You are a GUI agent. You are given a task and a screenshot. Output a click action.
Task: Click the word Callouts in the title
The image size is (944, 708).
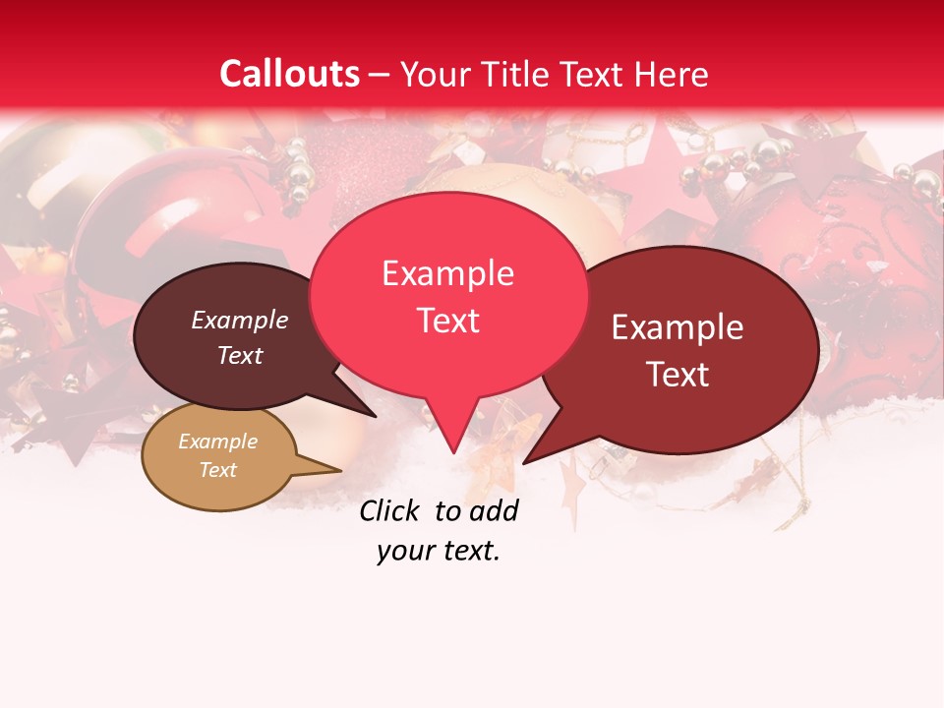point(289,74)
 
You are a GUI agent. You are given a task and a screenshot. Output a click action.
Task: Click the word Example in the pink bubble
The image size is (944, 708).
point(447,273)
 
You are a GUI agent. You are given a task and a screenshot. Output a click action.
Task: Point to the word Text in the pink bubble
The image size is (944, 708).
point(447,321)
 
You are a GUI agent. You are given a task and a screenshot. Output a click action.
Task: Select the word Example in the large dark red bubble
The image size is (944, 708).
point(678,327)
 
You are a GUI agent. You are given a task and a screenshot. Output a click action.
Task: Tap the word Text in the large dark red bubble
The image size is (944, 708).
point(678,375)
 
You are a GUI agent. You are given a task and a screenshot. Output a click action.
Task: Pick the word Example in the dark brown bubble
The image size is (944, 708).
point(240,320)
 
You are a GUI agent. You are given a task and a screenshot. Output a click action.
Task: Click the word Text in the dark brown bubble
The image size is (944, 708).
point(240,355)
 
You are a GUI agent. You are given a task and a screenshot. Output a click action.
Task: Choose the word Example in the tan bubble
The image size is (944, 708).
point(217,442)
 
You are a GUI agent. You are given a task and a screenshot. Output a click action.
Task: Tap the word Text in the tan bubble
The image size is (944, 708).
point(217,470)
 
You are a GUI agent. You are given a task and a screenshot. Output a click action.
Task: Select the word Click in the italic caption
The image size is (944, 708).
point(388,510)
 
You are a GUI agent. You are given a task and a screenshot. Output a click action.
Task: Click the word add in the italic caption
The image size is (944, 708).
point(494,510)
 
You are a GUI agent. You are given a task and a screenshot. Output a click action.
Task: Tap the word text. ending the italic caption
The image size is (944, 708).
point(469,551)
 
